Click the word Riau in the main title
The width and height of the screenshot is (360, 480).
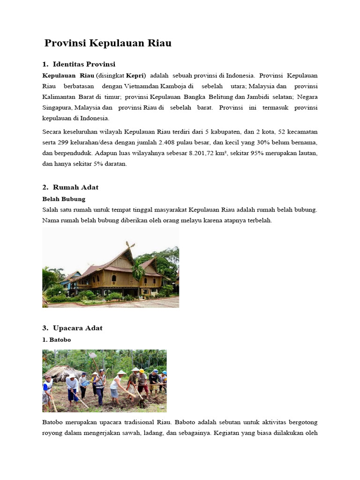[x=159, y=43]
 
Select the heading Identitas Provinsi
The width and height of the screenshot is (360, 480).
[x=84, y=64]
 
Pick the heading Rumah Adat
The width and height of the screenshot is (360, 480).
[x=75, y=187]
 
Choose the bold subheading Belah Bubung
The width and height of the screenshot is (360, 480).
[x=64, y=199]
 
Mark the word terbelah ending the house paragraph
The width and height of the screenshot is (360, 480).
[x=259, y=220]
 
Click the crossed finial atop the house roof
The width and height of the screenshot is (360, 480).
[x=130, y=245]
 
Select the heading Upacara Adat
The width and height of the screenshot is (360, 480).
[x=77, y=328]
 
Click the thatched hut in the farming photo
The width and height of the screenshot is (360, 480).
[x=61, y=373]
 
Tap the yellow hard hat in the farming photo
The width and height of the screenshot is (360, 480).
[x=141, y=371]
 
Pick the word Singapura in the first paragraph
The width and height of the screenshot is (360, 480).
[x=56, y=107]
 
